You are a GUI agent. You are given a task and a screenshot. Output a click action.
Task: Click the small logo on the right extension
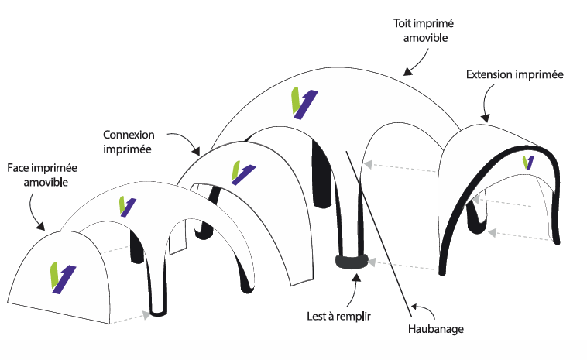pos(528,162)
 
